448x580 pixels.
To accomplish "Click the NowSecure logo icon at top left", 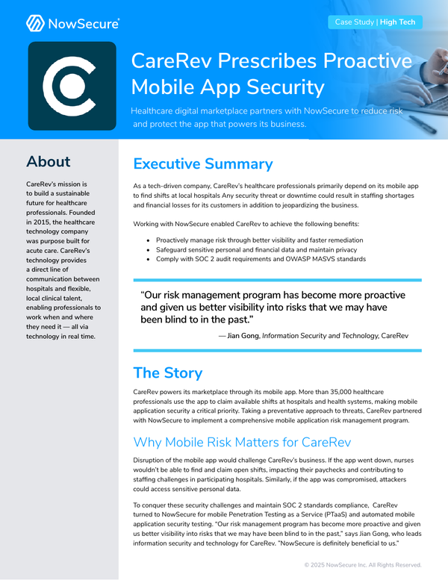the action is click(35, 23).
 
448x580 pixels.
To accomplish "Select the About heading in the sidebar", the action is click(48, 162).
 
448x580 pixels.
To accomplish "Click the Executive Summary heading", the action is click(202, 164).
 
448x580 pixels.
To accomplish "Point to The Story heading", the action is click(167, 373).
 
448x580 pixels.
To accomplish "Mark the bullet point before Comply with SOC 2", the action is click(149, 259).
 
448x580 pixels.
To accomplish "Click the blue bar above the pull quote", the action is click(277, 281).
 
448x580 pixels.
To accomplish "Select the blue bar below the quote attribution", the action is click(277, 349).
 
